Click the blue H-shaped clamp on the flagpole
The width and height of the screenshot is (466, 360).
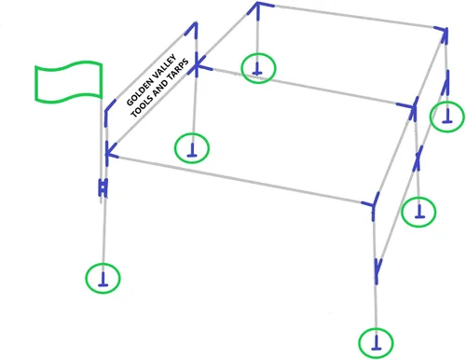(x=103, y=187)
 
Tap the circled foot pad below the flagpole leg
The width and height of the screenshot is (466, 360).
(x=103, y=278)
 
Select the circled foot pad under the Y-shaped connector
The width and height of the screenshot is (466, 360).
(x=377, y=343)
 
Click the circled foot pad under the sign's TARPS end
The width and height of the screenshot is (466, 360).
(x=192, y=148)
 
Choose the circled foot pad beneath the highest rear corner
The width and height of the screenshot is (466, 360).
(x=258, y=68)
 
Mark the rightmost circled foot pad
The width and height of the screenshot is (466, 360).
(x=447, y=117)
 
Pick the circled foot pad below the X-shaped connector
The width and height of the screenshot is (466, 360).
(x=419, y=212)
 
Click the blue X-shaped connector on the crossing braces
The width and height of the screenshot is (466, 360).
(x=417, y=158)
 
